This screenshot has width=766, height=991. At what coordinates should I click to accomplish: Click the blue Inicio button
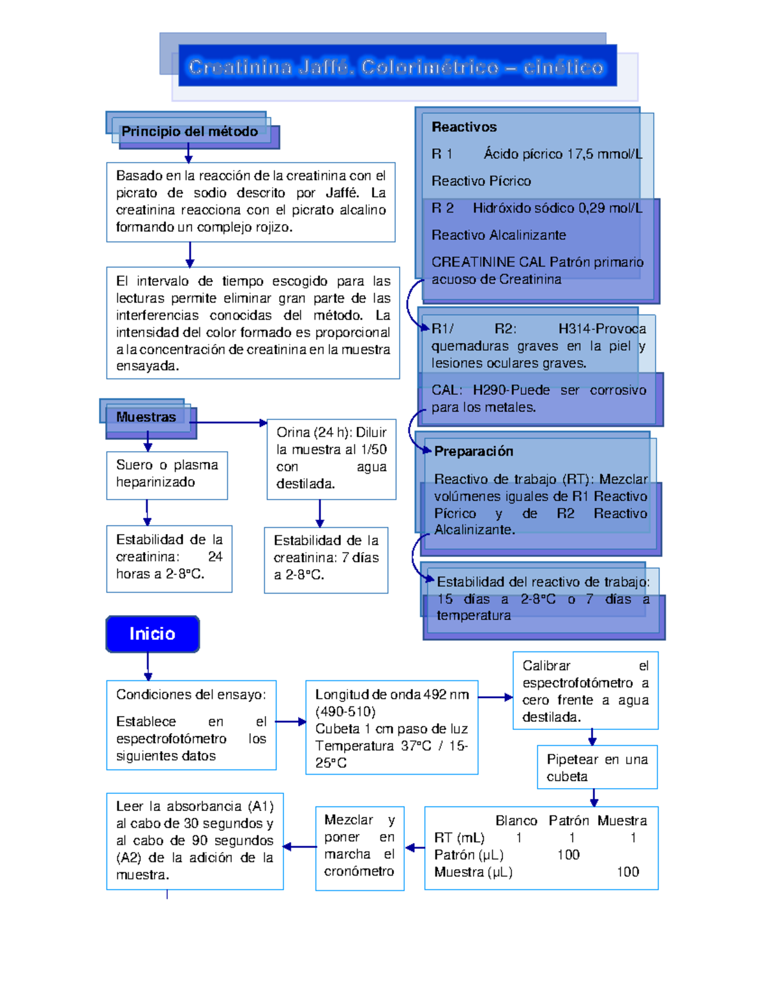(x=153, y=634)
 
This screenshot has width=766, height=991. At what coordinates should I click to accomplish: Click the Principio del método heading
(x=190, y=131)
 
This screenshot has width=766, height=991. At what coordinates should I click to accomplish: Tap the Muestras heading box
(x=146, y=417)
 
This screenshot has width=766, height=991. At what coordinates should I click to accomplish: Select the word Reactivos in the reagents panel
(x=464, y=127)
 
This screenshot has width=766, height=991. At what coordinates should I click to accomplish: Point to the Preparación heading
(x=474, y=451)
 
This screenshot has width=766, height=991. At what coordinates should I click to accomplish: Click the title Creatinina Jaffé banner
(x=396, y=66)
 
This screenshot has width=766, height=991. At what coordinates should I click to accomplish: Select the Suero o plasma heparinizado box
(x=167, y=474)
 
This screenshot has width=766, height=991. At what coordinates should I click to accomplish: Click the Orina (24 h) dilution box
(x=331, y=458)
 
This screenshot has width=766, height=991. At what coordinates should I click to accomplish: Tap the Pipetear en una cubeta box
(x=597, y=768)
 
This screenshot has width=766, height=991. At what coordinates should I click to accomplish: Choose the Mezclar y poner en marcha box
(x=359, y=846)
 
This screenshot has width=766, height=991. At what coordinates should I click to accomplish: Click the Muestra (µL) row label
(x=473, y=872)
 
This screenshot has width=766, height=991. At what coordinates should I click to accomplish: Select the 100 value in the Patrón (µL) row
(x=568, y=855)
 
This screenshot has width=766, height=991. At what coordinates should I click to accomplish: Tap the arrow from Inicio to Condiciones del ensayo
(x=148, y=667)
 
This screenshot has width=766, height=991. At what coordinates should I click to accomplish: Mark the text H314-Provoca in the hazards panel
(x=602, y=329)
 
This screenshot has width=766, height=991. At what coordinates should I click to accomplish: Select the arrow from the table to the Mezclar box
(x=415, y=847)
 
